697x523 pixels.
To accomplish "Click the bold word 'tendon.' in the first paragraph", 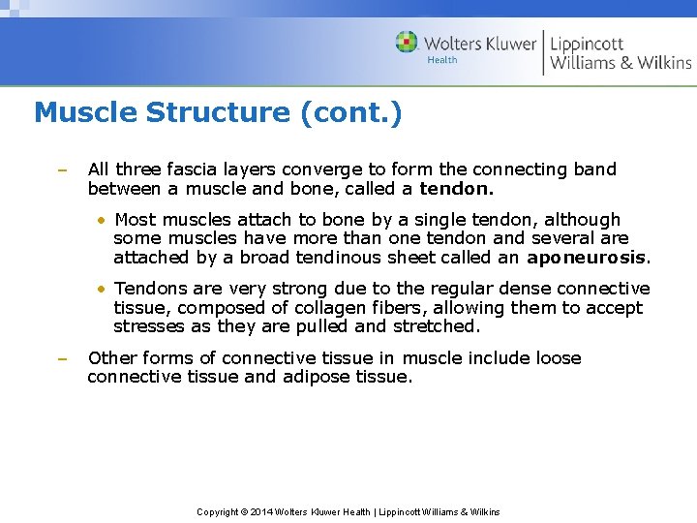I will [x=457, y=188].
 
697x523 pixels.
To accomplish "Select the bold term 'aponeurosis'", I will [x=588, y=258].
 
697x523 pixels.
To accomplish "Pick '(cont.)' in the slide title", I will [x=350, y=113].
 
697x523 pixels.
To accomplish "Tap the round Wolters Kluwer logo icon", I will [x=407, y=43].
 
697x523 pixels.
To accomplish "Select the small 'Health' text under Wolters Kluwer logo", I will [x=442, y=60].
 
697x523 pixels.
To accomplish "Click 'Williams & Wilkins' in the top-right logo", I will [x=621, y=63].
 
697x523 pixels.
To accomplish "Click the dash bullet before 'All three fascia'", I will [x=60, y=170].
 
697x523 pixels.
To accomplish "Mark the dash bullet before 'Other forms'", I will [x=60, y=359].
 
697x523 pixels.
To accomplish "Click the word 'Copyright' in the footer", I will [x=217, y=511].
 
